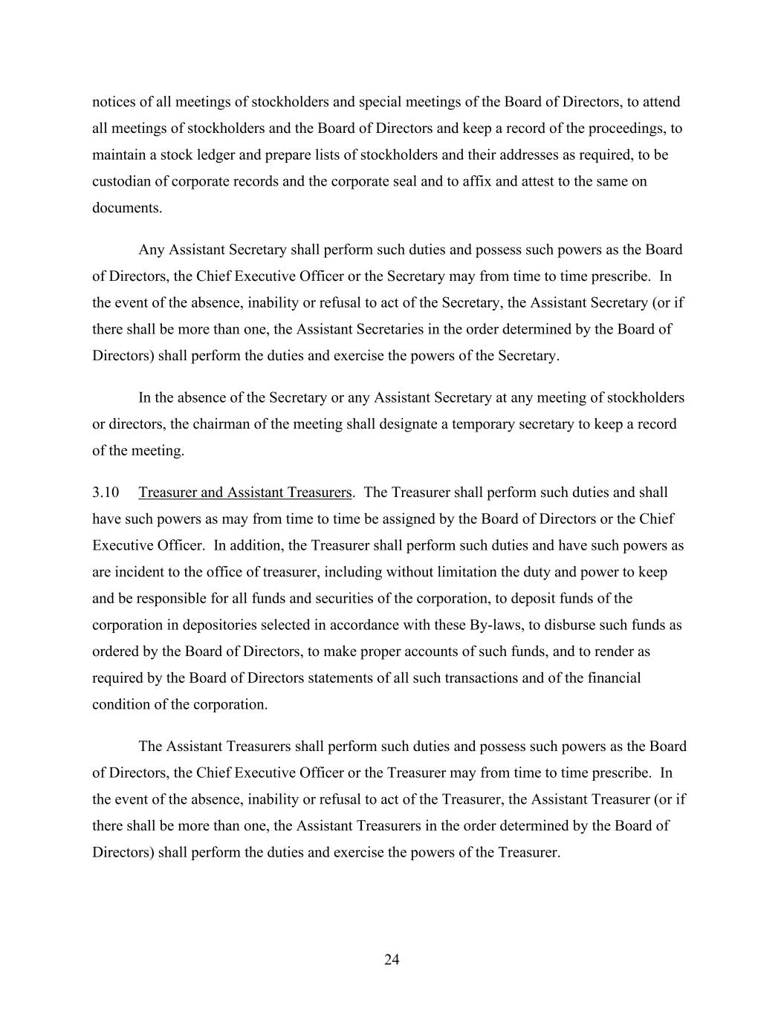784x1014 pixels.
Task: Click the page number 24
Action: tap(392, 960)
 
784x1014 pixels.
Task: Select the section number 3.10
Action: tap(106, 493)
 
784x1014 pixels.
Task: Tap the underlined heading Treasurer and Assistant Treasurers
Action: tap(244, 493)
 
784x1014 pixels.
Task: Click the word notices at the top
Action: tap(113, 102)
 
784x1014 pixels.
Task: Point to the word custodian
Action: tap(122, 181)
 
